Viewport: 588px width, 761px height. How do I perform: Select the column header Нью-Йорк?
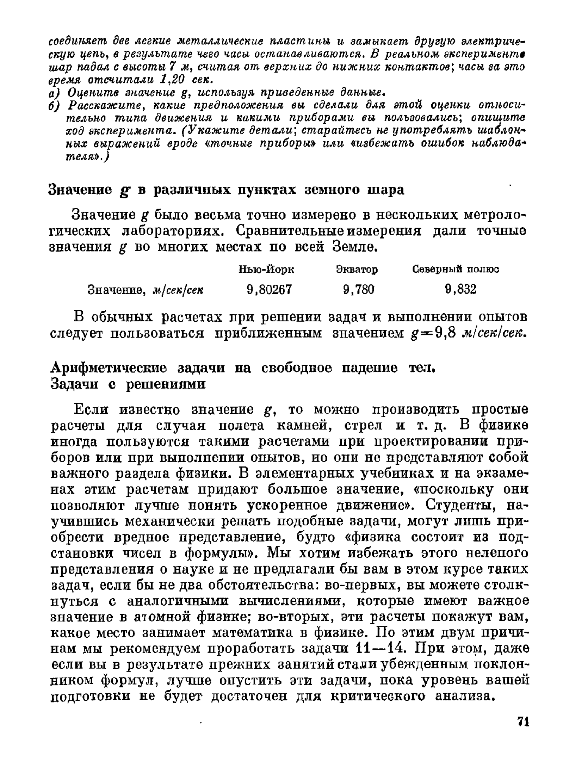(x=266, y=270)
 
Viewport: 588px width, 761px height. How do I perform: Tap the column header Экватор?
(x=356, y=270)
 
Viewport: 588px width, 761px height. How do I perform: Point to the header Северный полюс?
(x=456, y=270)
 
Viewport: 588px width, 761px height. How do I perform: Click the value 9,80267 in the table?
(x=269, y=290)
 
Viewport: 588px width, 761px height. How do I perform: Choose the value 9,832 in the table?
(x=460, y=290)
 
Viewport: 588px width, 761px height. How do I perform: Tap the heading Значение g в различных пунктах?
(x=226, y=190)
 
